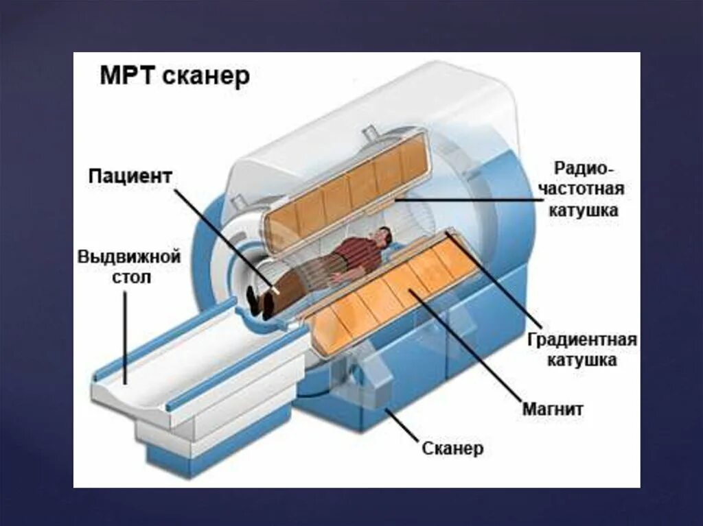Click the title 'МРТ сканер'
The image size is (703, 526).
(175, 76)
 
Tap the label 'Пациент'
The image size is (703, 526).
(129, 176)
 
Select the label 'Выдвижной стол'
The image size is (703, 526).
(128, 267)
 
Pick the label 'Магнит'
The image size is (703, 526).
(553, 409)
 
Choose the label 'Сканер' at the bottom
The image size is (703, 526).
(452, 449)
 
